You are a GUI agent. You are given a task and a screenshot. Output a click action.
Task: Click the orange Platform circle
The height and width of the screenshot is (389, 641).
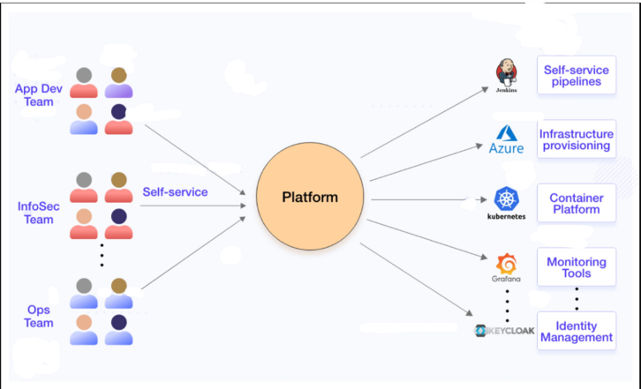(x=309, y=197)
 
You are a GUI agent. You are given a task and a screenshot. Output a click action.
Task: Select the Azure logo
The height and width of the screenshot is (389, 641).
(x=507, y=139)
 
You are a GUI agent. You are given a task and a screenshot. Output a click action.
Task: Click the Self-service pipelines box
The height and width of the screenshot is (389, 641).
(x=577, y=75)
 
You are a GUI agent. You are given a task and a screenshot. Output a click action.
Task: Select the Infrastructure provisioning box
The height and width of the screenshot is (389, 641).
(x=577, y=139)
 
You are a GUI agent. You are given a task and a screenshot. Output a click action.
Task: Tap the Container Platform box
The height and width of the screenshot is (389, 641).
(x=577, y=204)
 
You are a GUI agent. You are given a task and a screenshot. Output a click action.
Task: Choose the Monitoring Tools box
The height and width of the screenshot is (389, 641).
(x=577, y=267)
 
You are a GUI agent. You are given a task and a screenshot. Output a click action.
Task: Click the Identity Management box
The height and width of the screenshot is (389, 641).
(x=577, y=331)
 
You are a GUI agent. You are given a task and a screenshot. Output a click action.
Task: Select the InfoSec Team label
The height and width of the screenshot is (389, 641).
(x=35, y=213)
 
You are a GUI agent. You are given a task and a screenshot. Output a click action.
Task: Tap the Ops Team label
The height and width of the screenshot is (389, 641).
(x=38, y=316)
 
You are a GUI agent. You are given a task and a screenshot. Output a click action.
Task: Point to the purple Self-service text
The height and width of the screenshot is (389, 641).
(x=175, y=191)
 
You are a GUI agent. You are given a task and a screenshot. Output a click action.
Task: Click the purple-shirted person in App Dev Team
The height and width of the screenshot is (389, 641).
(x=118, y=82)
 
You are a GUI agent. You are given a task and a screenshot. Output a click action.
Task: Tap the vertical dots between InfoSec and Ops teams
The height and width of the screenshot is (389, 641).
(x=102, y=253)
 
